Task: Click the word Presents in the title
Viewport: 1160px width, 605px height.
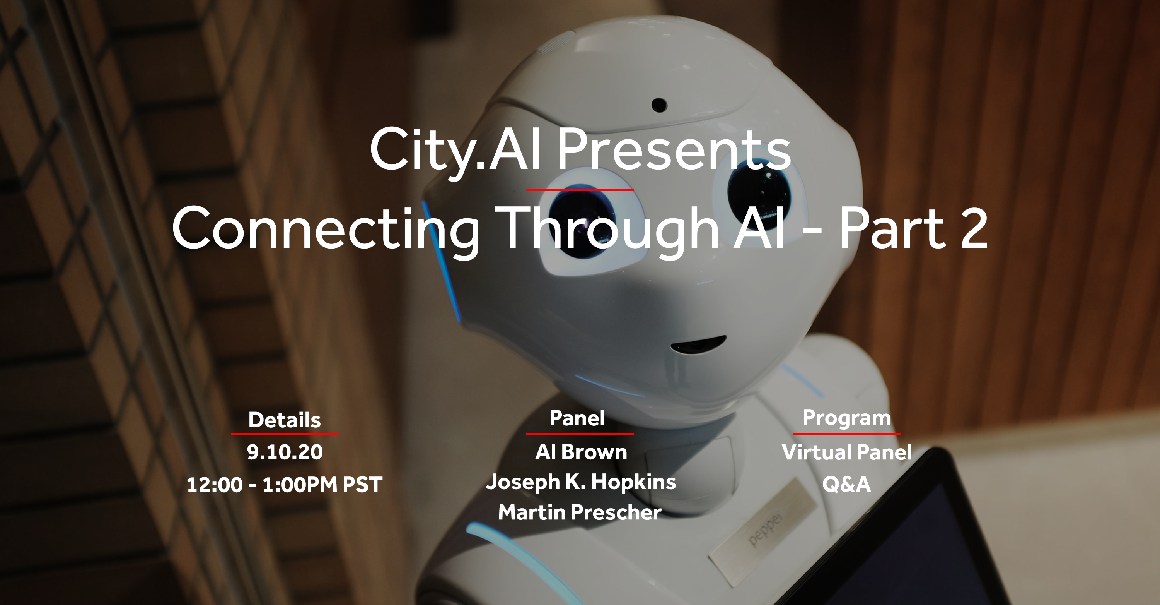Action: [674, 150]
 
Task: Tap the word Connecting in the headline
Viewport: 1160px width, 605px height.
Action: [325, 228]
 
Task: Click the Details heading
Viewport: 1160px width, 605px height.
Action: [284, 420]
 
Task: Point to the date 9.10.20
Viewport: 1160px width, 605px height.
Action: [285, 452]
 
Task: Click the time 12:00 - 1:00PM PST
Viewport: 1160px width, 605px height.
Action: [284, 485]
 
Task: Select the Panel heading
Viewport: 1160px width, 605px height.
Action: [577, 418]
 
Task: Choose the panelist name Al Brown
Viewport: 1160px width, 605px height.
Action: [580, 452]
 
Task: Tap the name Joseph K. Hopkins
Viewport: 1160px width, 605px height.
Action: [580, 482]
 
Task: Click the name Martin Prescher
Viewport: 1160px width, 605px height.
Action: [580, 512]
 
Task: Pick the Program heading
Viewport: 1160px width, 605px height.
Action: [846, 418]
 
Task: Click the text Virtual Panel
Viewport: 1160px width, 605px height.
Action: [846, 452]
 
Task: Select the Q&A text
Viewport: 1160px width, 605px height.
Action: [846, 484]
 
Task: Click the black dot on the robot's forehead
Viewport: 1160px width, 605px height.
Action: [659, 105]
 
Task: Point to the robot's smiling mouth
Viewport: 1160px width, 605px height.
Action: [698, 345]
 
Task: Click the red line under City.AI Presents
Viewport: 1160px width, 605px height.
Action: [580, 190]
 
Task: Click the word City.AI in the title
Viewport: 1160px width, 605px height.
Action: [455, 150]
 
